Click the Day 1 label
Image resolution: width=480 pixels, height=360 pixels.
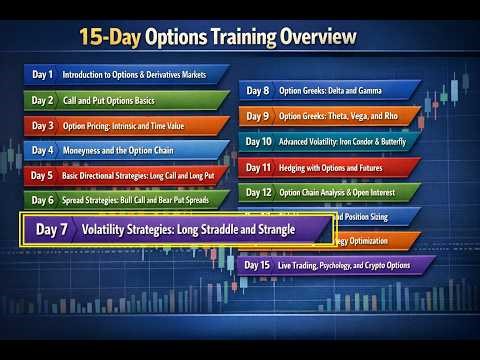pos(42,75)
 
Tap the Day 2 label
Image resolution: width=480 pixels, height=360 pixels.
pos(42,100)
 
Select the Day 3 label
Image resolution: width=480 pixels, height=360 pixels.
pos(42,125)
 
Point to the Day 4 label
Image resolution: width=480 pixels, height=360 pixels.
pos(42,150)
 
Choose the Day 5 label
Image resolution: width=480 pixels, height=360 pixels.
pos(42,175)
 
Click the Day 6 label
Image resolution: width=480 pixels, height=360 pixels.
pos(42,199)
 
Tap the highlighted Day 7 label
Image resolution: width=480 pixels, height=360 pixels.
pos(52,229)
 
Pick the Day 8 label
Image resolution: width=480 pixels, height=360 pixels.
pos(258,91)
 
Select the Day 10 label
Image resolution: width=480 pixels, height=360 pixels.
pos(258,141)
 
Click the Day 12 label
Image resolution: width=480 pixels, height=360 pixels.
pos(258,191)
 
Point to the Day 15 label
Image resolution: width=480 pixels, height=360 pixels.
pos(258,265)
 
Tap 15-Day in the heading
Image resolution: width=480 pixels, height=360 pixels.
pos(110,38)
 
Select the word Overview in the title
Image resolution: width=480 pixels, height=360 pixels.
pos(313,38)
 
